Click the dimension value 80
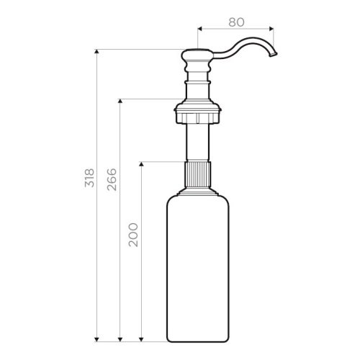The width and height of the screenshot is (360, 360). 236,22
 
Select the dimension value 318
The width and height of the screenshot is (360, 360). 89,178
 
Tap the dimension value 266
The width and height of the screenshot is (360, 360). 112,179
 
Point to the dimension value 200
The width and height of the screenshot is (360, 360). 133,235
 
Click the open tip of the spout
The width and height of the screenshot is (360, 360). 274,55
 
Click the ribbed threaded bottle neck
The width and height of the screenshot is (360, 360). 197,174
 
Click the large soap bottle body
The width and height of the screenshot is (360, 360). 198,268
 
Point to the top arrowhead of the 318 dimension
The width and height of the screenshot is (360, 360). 96,51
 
